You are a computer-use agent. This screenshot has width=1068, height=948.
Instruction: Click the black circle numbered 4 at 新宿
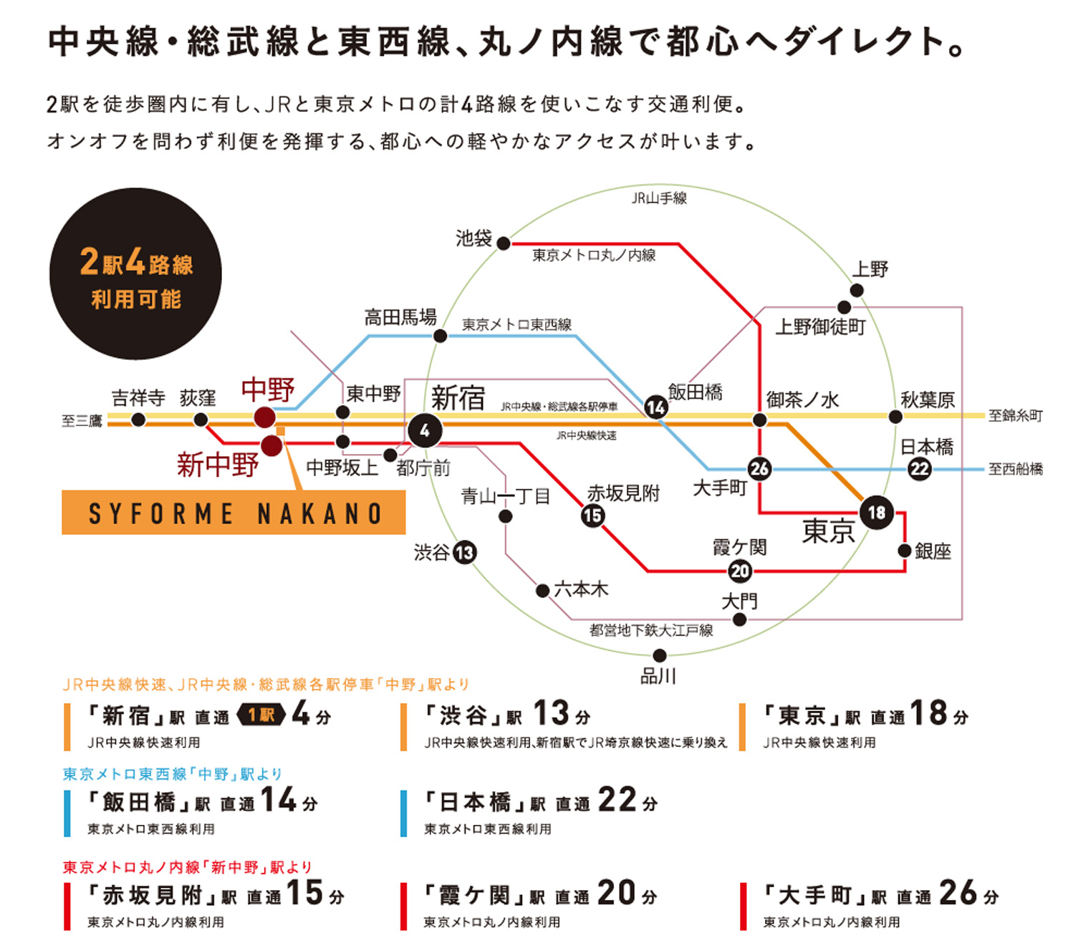pyautogui.click(x=425, y=430)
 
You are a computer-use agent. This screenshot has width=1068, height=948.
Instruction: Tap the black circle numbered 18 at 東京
pyautogui.click(x=877, y=512)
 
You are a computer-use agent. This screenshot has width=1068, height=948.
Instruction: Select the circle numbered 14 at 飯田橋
pyautogui.click(x=656, y=407)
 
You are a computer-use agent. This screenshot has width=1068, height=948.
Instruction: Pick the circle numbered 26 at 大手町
pyautogui.click(x=759, y=468)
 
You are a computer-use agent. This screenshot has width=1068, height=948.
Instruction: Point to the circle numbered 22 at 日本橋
pyautogui.click(x=920, y=468)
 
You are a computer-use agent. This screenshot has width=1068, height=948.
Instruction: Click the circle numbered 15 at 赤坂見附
pyautogui.click(x=593, y=516)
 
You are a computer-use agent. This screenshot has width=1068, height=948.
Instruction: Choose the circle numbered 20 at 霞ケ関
pyautogui.click(x=740, y=571)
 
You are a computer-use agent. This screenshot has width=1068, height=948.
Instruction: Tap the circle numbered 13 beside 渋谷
pyautogui.click(x=465, y=553)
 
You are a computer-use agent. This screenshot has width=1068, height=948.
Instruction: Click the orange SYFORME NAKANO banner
pyautogui.click(x=234, y=512)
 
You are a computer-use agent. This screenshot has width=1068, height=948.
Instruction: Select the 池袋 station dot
pyautogui.click(x=504, y=243)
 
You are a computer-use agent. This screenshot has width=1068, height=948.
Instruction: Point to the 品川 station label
pyautogui.click(x=658, y=676)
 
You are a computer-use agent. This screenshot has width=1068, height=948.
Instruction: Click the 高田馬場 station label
pyautogui.click(x=400, y=317)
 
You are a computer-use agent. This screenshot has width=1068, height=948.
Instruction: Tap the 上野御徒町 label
pyautogui.click(x=820, y=327)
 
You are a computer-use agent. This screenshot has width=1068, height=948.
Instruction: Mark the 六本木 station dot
pyautogui.click(x=542, y=591)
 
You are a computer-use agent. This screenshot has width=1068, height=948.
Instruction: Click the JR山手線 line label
pyautogui.click(x=659, y=198)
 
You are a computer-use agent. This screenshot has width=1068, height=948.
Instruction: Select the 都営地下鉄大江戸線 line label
pyautogui.click(x=651, y=630)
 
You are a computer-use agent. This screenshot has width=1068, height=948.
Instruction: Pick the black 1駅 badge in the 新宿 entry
pyautogui.click(x=261, y=715)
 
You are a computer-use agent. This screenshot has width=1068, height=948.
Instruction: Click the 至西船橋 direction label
pyautogui.click(x=1015, y=468)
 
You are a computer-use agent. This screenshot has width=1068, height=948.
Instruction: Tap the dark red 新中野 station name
pyautogui.click(x=218, y=465)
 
